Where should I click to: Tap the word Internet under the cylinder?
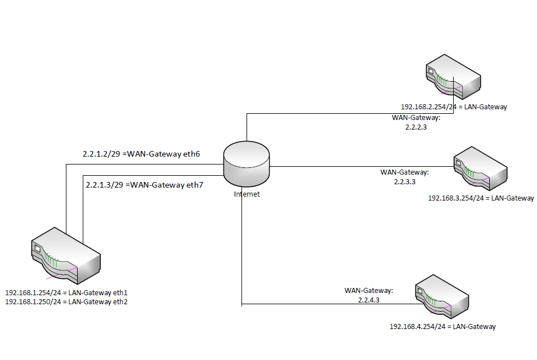pyautogui.click(x=247, y=194)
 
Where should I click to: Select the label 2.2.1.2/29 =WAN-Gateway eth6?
pyautogui.click(x=142, y=154)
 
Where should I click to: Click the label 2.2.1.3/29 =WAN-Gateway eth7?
pyautogui.click(x=144, y=184)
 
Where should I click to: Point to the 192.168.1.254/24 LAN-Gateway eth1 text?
pyautogui.click(x=66, y=293)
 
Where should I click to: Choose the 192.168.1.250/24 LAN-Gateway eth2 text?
pyautogui.click(x=66, y=302)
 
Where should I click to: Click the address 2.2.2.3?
pyautogui.click(x=416, y=127)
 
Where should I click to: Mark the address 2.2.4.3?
pyautogui.click(x=369, y=301)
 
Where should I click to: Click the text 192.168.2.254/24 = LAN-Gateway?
pyautogui.click(x=454, y=106)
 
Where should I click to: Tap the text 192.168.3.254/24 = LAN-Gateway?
pyautogui.click(x=481, y=198)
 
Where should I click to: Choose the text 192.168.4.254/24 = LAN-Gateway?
pyautogui.click(x=442, y=326)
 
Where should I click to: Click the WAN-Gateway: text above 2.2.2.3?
pyautogui.click(x=415, y=118)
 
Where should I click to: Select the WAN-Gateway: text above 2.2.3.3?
pyautogui.click(x=405, y=172)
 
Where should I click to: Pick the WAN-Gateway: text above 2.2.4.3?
pyautogui.click(x=369, y=291)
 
